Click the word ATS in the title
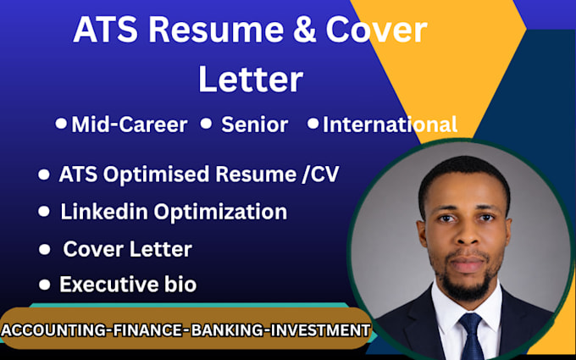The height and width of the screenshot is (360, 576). pos(106,30)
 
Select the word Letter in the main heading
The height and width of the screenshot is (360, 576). pos(251,79)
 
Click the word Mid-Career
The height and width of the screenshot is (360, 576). pos(130,125)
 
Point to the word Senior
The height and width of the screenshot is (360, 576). pos(255,125)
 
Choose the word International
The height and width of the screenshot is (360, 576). pos(390,125)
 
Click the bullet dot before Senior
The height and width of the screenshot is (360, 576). pos(206,123)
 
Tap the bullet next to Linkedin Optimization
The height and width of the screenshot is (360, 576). pos(44,211)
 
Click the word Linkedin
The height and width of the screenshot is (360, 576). pos(104,212)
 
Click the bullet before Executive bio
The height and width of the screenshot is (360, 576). pos(44,285)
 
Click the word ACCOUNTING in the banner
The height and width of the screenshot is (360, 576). pos(53,330)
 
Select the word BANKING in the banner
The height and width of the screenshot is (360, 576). pos(227,330)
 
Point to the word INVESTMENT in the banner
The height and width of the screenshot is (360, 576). pos(320,330)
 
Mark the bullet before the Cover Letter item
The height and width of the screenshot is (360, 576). pos(44,249)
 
